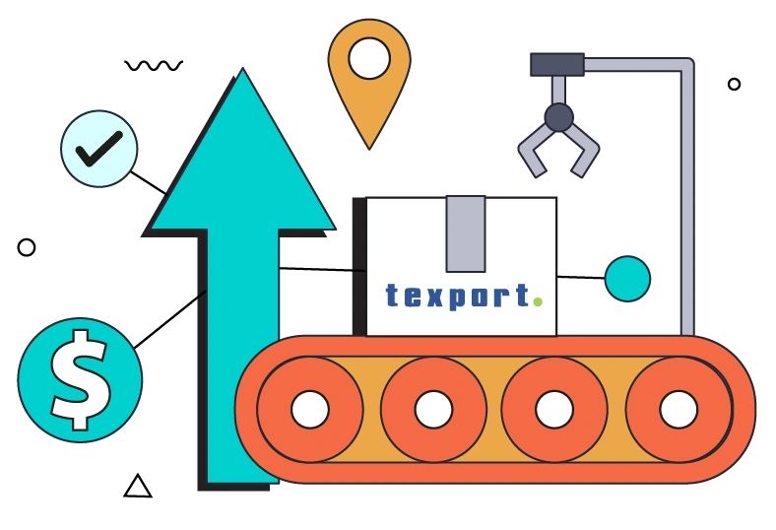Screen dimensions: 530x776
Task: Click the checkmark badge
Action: pyautogui.click(x=99, y=148)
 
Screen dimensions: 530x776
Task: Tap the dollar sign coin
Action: pyautogui.click(x=80, y=379)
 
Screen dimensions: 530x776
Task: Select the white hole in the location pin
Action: pyautogui.click(x=369, y=58)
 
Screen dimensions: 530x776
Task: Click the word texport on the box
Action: pyautogui.click(x=458, y=295)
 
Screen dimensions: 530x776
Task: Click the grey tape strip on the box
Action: pyautogui.click(x=465, y=233)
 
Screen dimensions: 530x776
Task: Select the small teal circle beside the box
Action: pyautogui.click(x=627, y=279)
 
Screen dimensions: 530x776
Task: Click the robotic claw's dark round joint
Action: pyautogui.click(x=558, y=117)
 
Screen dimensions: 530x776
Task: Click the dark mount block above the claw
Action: pyautogui.click(x=557, y=65)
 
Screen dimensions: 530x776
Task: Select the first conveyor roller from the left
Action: pyautogui.click(x=310, y=409)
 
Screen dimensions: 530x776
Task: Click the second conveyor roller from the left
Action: pyautogui.click(x=433, y=409)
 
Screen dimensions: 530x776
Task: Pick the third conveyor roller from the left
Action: pyautogui.click(x=554, y=409)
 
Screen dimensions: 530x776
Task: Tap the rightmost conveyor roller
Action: pyautogui.click(x=679, y=409)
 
